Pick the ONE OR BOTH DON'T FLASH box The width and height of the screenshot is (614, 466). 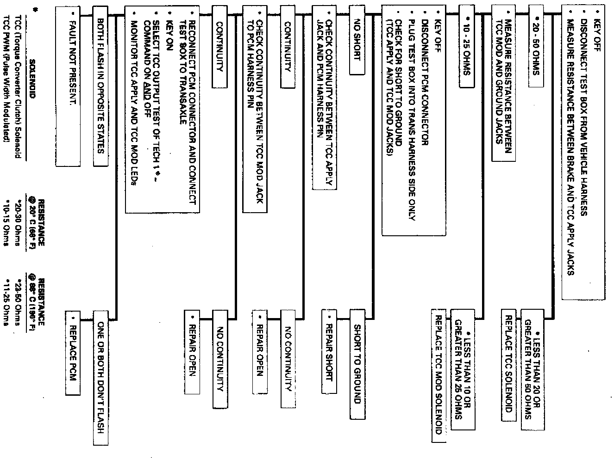click(100, 377)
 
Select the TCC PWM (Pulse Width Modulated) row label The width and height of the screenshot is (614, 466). click(7, 81)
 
